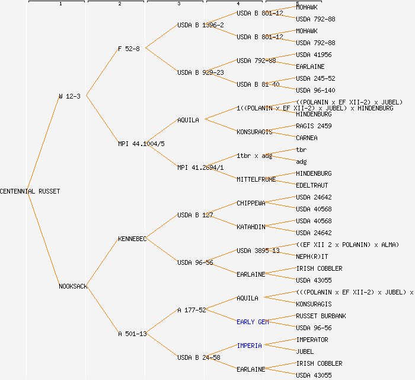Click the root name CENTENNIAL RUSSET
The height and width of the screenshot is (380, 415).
pyautogui.click(x=30, y=191)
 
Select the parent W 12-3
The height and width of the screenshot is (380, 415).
pyautogui.click(x=69, y=96)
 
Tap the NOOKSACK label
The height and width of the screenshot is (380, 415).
pyautogui.click(x=73, y=286)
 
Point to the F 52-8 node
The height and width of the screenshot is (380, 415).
pyautogui.click(x=129, y=49)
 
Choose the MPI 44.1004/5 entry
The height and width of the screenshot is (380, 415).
pyautogui.click(x=141, y=144)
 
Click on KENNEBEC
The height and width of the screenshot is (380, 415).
pyautogui.click(x=132, y=239)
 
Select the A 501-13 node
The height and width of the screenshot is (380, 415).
pyautogui.click(x=132, y=334)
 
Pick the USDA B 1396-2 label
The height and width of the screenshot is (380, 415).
pyautogui.click(x=200, y=25)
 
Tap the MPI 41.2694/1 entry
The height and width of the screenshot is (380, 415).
pyautogui.click(x=200, y=167)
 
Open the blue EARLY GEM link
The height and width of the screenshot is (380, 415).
pyautogui.click(x=253, y=322)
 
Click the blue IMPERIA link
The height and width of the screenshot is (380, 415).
pyautogui.click(x=249, y=346)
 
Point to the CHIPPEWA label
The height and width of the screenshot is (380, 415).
pyautogui.click(x=251, y=203)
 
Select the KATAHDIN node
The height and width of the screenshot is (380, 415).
pyautogui.click(x=251, y=227)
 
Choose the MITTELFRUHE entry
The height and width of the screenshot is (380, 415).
pyautogui.click(x=256, y=179)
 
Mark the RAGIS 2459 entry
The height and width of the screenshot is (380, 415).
pyautogui.click(x=314, y=126)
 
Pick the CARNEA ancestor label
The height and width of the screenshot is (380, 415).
pyautogui.click(x=307, y=138)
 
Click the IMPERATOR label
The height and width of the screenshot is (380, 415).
pyautogui.click(x=312, y=340)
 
